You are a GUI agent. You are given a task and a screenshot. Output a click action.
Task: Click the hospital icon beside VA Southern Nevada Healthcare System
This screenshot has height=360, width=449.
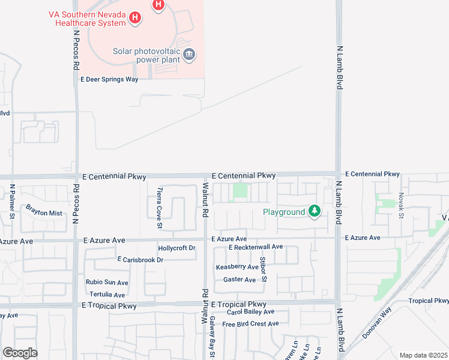click(136, 18)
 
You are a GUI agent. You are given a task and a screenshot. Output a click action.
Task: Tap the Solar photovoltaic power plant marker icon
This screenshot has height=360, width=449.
click(189, 55)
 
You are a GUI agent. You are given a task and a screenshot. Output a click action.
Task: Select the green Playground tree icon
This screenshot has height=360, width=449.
click(314, 211)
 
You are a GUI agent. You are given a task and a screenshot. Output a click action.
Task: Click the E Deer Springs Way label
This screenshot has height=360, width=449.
click(109, 79)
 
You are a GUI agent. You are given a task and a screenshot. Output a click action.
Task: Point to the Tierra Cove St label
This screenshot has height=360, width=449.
click(160, 208)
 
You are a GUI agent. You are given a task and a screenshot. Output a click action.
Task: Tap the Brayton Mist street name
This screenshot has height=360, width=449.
click(43, 213)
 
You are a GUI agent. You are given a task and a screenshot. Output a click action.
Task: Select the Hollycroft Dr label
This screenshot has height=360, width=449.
click(176, 248)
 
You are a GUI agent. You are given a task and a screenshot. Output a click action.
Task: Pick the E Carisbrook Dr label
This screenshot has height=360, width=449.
click(140, 260)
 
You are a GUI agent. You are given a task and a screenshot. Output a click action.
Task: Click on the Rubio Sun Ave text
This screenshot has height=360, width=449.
click(106, 283)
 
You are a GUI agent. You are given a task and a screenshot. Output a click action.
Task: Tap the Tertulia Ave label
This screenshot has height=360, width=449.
click(107, 295)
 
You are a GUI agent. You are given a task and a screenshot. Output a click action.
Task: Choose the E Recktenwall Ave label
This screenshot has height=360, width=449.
click(256, 247)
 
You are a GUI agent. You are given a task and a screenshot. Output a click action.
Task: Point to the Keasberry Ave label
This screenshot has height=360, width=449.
click(237, 266)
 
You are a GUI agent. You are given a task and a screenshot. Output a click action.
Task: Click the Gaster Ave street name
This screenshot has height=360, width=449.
click(240, 280)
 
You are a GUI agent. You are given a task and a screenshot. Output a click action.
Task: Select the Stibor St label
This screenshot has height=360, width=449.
click(262, 269)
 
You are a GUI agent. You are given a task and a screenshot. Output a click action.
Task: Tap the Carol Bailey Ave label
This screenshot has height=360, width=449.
click(250, 312)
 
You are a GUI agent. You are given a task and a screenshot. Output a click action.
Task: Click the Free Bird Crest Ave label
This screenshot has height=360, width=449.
click(250, 324)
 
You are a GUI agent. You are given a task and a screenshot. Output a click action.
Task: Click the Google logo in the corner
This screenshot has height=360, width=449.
click(20, 353)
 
